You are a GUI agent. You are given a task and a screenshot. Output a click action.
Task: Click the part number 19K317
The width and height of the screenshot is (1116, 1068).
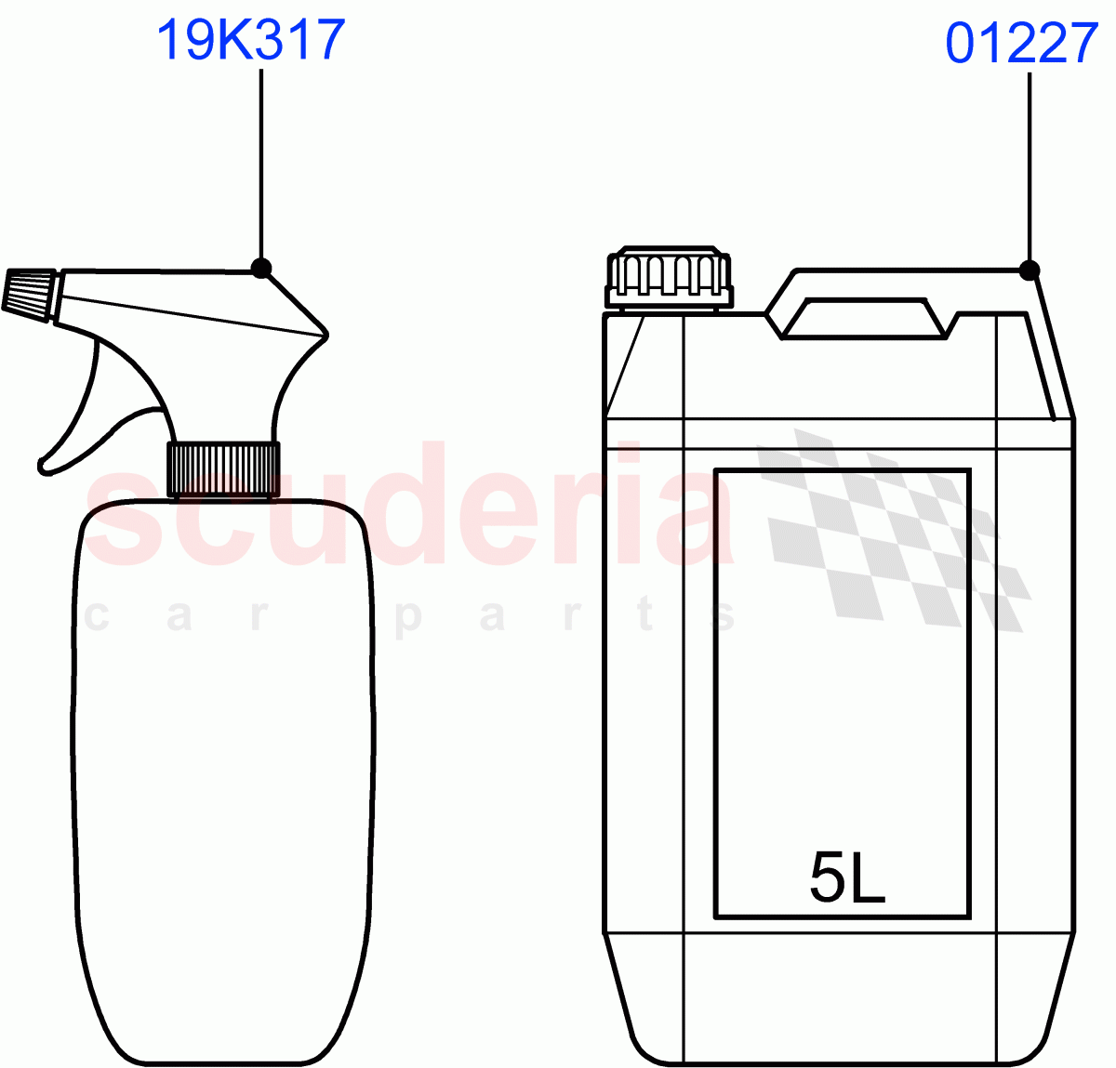click(x=251, y=41)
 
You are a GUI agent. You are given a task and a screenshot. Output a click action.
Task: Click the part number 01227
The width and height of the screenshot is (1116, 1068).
click(x=1021, y=44)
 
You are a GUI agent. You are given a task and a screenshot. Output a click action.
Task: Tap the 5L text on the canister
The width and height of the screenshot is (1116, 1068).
click(x=847, y=877)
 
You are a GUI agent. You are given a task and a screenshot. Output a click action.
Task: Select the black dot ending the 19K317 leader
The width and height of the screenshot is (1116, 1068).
click(x=261, y=269)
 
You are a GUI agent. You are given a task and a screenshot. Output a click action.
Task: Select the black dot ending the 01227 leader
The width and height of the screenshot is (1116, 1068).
click(x=1029, y=270)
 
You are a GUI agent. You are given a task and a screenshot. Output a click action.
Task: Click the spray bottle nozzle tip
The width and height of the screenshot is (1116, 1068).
click(x=28, y=294)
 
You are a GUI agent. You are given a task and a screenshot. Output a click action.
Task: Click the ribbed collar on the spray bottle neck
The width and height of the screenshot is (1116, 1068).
click(x=223, y=468)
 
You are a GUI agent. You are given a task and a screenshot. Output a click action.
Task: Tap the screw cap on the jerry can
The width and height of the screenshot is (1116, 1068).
click(x=669, y=277)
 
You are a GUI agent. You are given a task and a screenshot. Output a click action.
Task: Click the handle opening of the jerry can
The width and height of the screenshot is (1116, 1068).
click(x=866, y=318)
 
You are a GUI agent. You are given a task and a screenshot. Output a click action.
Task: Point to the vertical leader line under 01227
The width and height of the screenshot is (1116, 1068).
click(x=1029, y=167)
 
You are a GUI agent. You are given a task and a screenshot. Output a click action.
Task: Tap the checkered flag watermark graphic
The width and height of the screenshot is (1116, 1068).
click(x=893, y=530)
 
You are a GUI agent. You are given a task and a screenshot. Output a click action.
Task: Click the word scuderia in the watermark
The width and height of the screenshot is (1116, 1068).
click(x=409, y=511)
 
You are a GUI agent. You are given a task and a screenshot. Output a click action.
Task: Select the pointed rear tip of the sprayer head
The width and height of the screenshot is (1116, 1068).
click(x=325, y=333)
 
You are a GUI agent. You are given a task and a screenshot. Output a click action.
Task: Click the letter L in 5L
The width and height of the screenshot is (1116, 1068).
click(x=869, y=877)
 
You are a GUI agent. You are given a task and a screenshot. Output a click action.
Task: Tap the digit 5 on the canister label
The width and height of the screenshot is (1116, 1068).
click(x=827, y=877)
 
